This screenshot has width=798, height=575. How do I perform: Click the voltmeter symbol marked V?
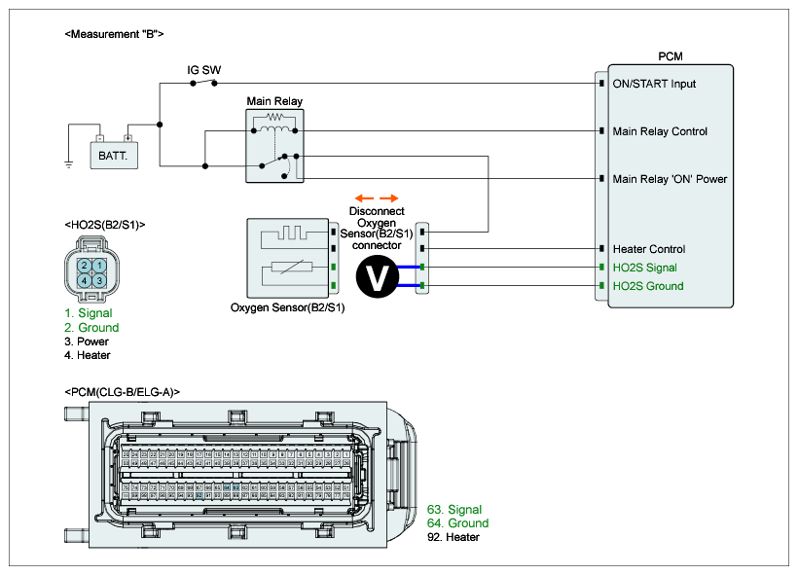[x=380, y=277]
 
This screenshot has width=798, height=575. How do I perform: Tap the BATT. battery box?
[x=113, y=153]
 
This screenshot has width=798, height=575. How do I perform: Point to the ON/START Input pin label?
[x=654, y=84]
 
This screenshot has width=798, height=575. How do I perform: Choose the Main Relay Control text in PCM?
[x=660, y=131]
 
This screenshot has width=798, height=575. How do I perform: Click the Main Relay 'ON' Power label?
[x=670, y=179]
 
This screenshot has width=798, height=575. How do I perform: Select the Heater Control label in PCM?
[x=648, y=249]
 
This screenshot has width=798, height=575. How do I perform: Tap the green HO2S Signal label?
[x=645, y=268]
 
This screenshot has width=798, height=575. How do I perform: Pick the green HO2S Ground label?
[x=648, y=286]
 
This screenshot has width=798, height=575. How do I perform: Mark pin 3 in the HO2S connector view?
[x=99, y=280]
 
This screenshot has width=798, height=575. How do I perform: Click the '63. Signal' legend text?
[x=454, y=510]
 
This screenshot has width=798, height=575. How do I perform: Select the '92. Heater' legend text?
[x=454, y=537]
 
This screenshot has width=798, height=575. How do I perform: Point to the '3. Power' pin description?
[x=87, y=341]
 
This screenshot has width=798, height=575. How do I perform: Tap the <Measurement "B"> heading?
[x=114, y=34]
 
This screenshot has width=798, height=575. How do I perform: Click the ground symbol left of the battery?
[x=68, y=162]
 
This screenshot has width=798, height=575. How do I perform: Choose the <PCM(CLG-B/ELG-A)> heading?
[x=123, y=391]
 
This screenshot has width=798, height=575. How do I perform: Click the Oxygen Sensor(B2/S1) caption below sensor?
[x=289, y=308]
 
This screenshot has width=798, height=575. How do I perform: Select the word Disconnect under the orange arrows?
[x=376, y=211]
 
